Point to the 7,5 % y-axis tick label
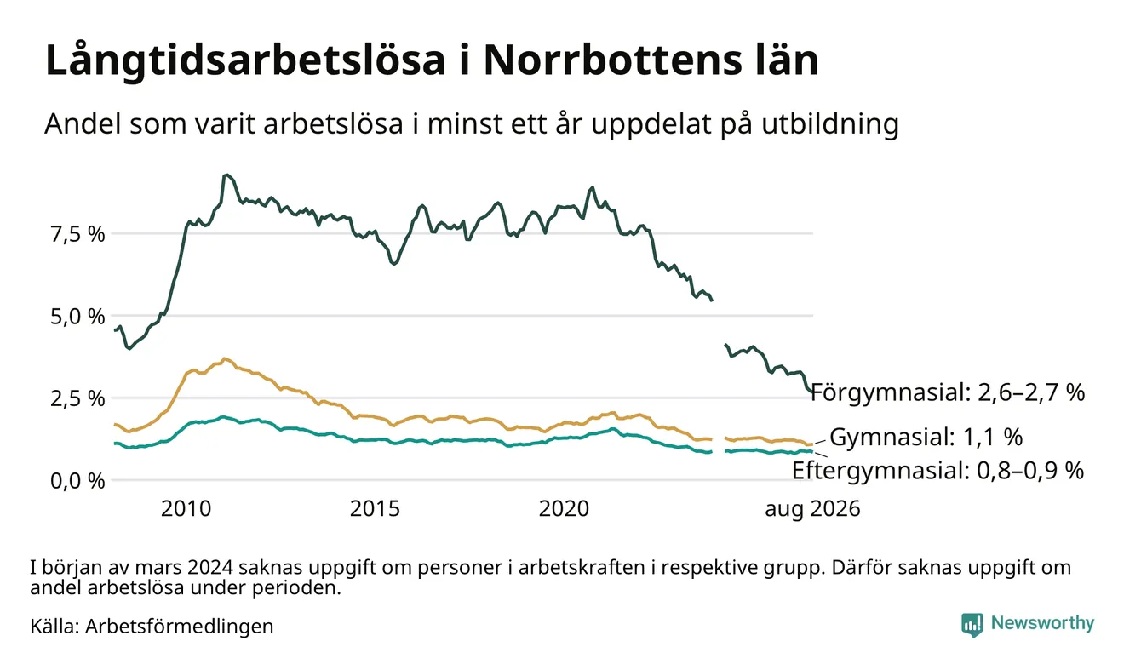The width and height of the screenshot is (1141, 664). point(77,234)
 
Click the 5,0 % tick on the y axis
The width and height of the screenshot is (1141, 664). point(77,317)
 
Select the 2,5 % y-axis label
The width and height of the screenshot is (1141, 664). point(77,398)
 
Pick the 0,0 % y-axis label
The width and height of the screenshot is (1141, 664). point(77,481)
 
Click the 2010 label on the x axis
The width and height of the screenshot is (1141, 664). point(186,509)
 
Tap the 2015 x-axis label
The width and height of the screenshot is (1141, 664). point(375,509)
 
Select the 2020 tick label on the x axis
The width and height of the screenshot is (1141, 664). point(564,509)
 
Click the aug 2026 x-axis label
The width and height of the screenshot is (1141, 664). point(812,509)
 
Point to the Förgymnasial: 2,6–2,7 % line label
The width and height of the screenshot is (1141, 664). point(948,392)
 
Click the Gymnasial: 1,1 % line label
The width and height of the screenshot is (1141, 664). point(926,438)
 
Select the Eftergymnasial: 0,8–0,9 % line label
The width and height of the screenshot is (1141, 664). point(937,471)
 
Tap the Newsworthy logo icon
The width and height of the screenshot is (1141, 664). point(972,624)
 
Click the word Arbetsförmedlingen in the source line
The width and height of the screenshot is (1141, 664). point(180,627)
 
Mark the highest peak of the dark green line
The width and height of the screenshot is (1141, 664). point(226,175)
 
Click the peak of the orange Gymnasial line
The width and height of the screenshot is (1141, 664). point(225,359)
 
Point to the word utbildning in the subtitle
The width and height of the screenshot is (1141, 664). point(830,124)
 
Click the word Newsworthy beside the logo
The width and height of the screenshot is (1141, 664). point(1043,623)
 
